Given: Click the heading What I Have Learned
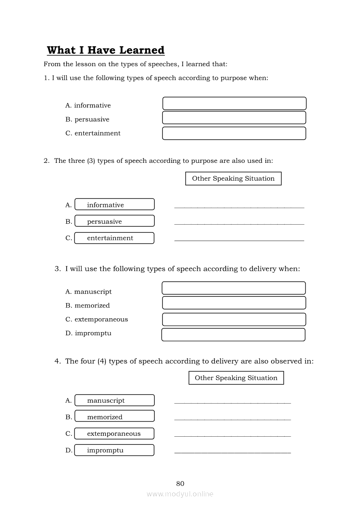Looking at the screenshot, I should point(105,50).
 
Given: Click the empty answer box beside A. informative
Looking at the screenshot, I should point(234,104).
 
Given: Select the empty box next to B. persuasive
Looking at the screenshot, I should point(234,118).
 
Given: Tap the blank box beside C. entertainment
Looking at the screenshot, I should point(234,133).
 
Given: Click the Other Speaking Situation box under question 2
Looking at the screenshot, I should point(233,179).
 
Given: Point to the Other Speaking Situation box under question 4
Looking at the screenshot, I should point(236,378).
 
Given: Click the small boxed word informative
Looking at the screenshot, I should point(114,205).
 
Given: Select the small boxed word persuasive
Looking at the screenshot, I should point(114,221).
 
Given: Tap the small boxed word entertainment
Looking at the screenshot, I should point(114,238).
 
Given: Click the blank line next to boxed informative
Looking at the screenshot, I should point(239,206).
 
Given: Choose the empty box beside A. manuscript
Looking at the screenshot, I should point(234,288).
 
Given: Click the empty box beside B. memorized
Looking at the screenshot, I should point(234,303).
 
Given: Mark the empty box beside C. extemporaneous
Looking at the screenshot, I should point(234,319).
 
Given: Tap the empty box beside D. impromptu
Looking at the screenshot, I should point(233,334).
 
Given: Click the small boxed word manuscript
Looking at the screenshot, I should point(114,401).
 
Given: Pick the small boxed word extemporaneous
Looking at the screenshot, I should point(114,434).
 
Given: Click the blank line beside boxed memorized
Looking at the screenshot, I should point(232,419).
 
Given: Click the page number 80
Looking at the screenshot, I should point(180,484).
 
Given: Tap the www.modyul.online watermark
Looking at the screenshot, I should point(180,494).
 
